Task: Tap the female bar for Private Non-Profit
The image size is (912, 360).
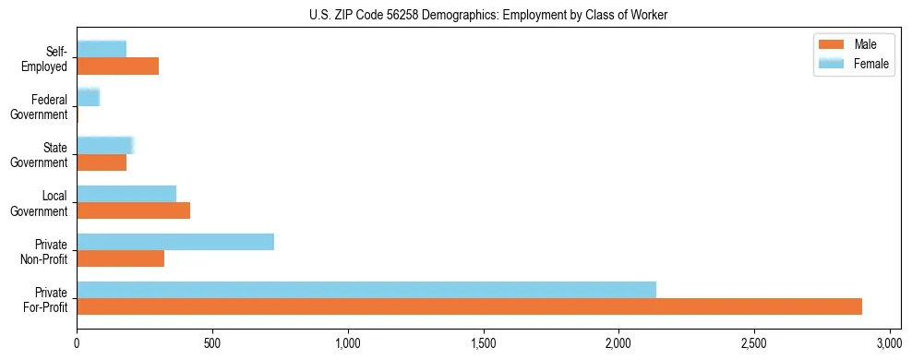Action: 175,242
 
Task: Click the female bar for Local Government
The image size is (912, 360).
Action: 126,194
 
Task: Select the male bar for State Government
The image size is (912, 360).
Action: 102,162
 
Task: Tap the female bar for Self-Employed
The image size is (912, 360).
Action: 102,50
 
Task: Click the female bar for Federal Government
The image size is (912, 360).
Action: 89,98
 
